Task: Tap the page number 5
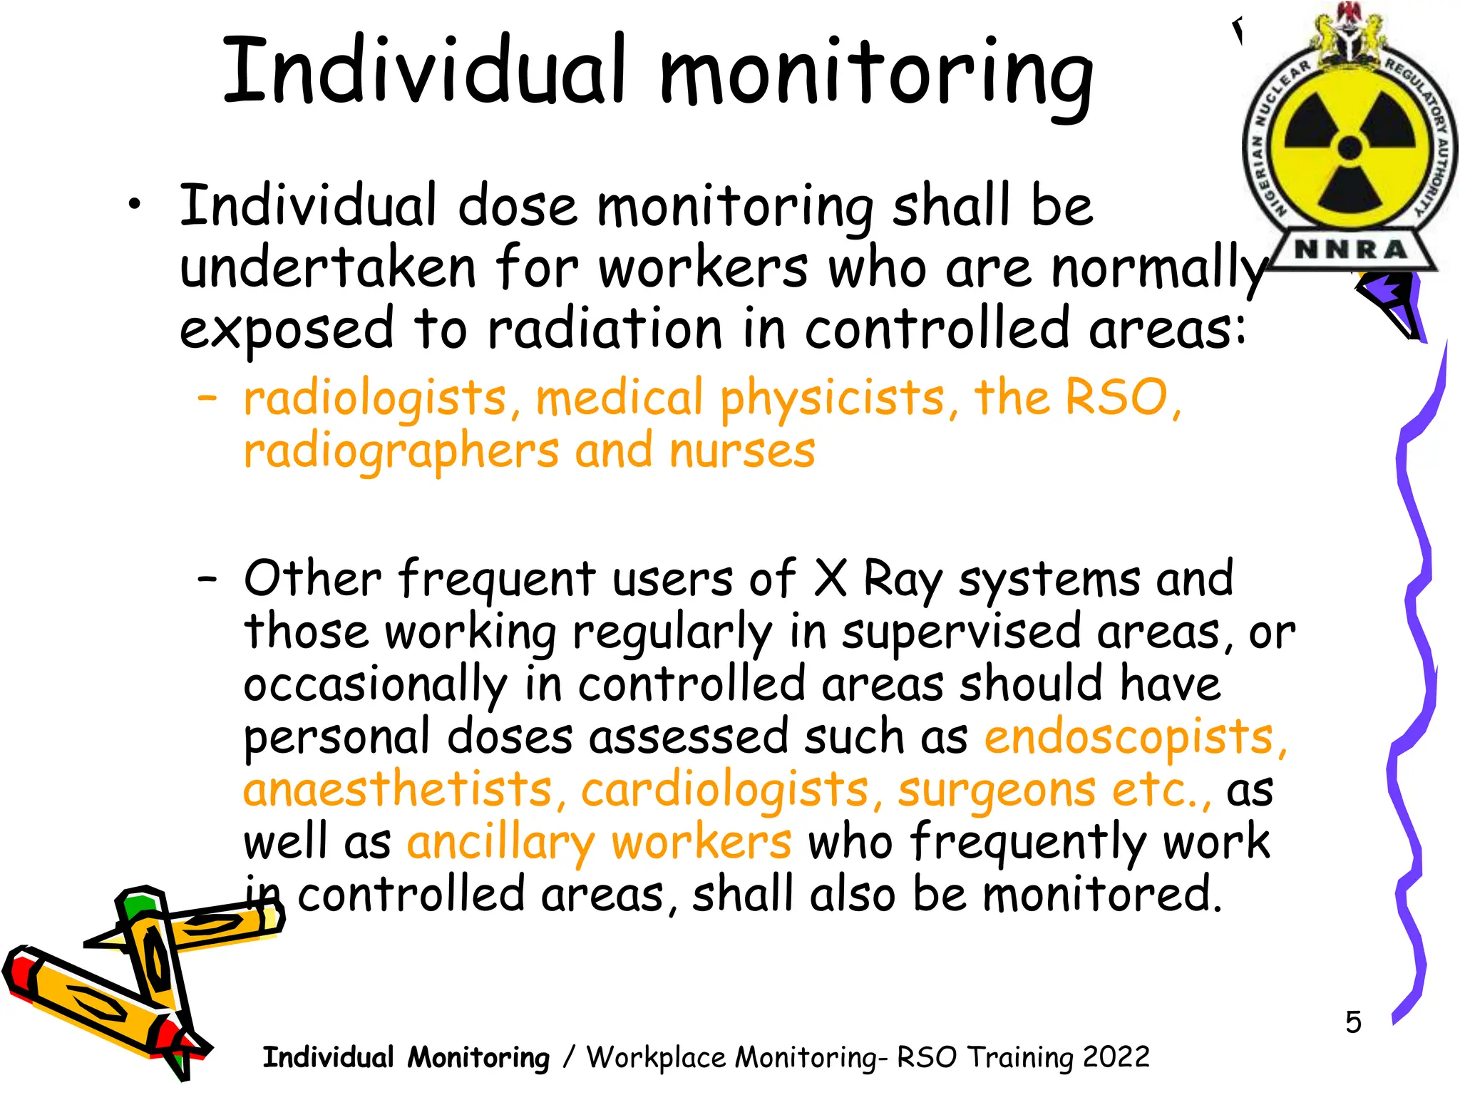click(1353, 1022)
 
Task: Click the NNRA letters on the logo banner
click(1350, 250)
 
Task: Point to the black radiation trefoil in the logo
click(1350, 148)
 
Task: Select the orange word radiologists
click(375, 399)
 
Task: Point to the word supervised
click(961, 633)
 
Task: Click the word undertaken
click(327, 269)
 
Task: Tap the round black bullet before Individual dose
click(133, 206)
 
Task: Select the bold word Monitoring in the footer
click(478, 1057)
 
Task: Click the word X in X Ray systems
click(831, 579)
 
